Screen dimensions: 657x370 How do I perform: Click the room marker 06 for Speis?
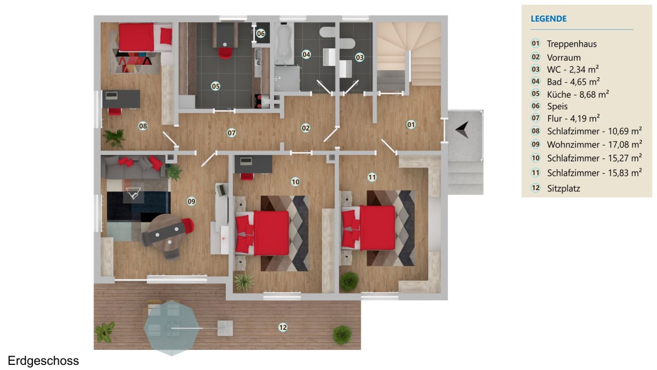[x=261, y=33]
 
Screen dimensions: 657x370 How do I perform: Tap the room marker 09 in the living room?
[x=191, y=201]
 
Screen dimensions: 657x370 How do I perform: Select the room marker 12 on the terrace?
[x=283, y=327]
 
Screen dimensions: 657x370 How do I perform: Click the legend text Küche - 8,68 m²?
[x=578, y=94]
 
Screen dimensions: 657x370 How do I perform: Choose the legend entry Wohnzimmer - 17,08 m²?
[x=594, y=144]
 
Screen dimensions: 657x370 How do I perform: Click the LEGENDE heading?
[x=549, y=18]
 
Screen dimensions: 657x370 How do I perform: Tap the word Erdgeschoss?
[x=44, y=361]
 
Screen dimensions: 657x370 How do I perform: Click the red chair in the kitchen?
[x=225, y=53]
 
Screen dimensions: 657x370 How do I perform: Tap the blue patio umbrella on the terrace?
[x=171, y=328]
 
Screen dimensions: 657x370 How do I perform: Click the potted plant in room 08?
[x=114, y=138]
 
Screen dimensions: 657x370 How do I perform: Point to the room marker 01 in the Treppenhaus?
[x=411, y=125]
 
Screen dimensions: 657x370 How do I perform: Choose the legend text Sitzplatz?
[x=564, y=188]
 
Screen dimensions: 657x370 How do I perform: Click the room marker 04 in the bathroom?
[x=306, y=54]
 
